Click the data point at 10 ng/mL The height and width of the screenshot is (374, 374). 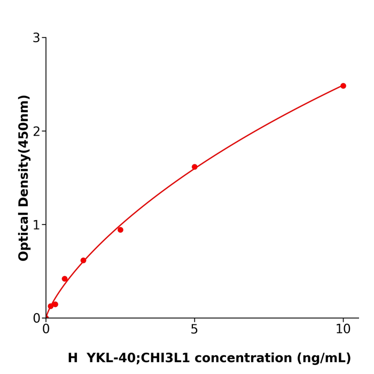coord(343,86)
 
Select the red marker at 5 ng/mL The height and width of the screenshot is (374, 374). coord(194,167)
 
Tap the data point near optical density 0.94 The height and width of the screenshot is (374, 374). coord(120,230)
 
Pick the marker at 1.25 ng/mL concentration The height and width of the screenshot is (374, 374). coord(83,261)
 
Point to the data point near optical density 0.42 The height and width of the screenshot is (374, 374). coord(65,279)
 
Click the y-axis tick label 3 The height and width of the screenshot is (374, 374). coord(36,38)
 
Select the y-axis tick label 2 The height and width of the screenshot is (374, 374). coord(36,131)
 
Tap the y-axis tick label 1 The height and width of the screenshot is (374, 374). coord(36,225)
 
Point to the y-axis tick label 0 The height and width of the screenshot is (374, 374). coord(36,318)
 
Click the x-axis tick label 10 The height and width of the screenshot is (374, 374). coord(343,330)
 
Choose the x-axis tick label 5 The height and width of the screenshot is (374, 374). coord(194,330)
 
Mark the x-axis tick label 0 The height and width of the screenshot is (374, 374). coord(46,330)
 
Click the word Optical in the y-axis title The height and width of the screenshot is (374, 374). coord(24,235)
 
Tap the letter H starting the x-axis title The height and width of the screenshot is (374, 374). coord(73,359)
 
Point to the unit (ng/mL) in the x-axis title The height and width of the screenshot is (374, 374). coord(322,359)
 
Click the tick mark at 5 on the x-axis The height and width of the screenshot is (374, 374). coord(194,321)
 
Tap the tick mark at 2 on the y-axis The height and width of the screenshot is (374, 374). coord(43,131)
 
